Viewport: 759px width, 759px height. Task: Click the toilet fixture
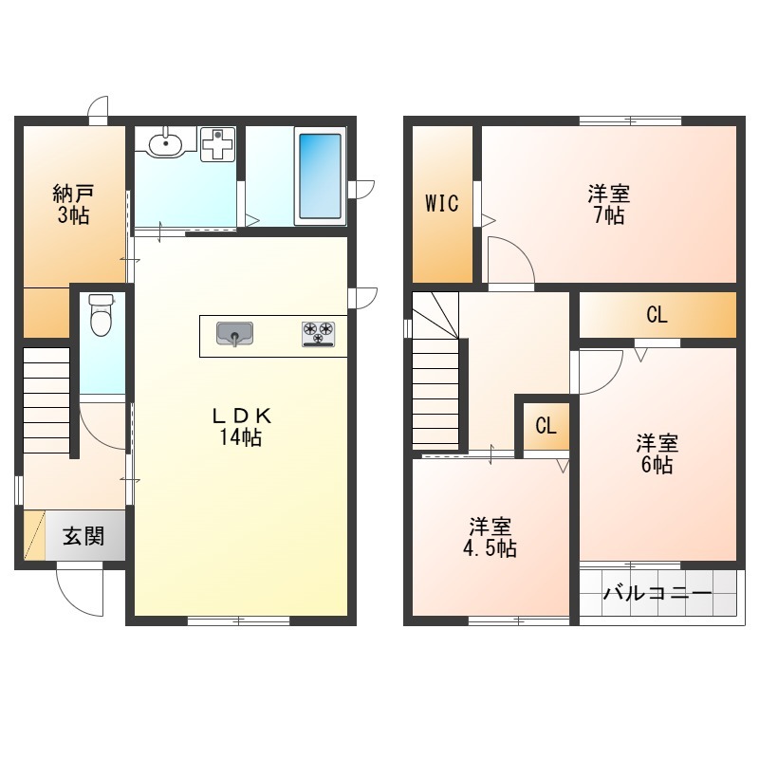point(102,315)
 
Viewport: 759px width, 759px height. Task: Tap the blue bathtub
point(320,176)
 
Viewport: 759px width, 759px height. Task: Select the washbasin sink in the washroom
point(165,142)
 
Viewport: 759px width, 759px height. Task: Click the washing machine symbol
point(218,144)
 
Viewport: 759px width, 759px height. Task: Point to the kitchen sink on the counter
point(234,334)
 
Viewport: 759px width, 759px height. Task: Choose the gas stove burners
point(318,334)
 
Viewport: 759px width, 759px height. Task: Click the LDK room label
point(241,426)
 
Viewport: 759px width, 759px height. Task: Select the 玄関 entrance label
point(83,536)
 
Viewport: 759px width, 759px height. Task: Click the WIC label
point(442,203)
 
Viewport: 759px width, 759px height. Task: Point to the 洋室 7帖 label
point(609,204)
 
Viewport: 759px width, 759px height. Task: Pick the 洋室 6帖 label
point(657,454)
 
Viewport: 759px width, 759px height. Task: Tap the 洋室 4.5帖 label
point(490,537)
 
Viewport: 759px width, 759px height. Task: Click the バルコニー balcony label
point(657,592)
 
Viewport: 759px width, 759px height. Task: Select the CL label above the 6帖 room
point(657,315)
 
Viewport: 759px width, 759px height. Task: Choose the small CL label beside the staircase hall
point(546,426)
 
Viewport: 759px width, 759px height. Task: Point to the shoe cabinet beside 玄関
point(34,534)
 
